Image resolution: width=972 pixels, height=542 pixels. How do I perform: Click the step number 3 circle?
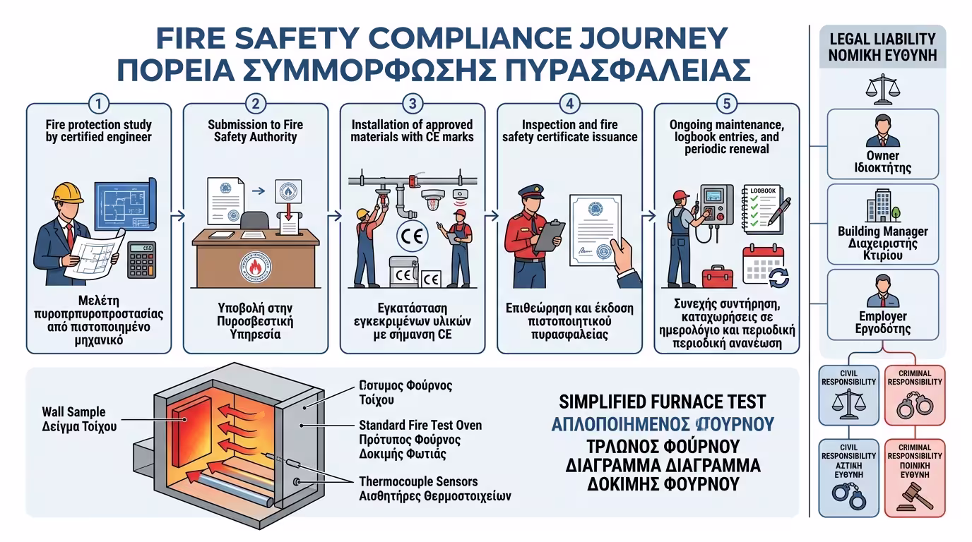coord(413,103)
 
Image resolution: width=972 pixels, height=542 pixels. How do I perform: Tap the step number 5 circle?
coord(726,103)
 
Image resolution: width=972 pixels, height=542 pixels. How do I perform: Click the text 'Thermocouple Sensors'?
coord(419,482)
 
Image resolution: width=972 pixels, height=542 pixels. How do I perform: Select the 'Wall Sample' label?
coord(73,411)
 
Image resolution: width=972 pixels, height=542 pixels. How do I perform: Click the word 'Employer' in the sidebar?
coord(883,316)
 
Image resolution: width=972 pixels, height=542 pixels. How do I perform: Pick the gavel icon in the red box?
coord(914,498)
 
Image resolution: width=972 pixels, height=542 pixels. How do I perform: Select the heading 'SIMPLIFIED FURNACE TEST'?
coord(662,402)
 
